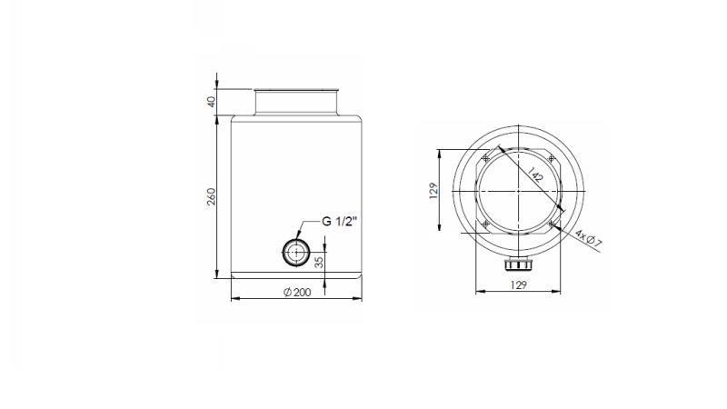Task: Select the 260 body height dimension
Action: point(212,196)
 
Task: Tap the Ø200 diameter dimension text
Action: point(296,292)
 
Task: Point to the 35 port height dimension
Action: point(318,262)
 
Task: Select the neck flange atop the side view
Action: point(296,101)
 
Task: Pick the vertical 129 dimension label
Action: point(434,190)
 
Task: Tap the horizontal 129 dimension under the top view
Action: point(518,285)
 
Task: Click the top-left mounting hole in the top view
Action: point(485,158)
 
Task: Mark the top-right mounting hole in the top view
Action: point(552,158)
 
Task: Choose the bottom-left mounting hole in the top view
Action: point(485,224)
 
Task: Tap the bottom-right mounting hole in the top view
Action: point(552,224)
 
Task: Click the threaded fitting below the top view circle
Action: point(518,264)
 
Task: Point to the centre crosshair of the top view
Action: point(518,191)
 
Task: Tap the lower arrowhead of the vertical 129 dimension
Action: point(441,229)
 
